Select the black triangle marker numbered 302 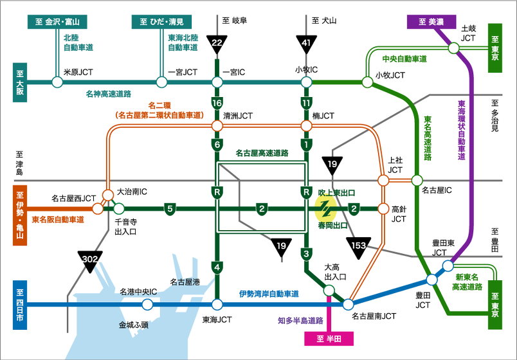pos(90,259)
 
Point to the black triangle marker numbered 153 pos(358,245)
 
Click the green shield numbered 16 pos(217,103)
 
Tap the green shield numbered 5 pos(170,208)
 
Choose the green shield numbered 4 pos(217,266)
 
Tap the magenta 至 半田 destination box pos(329,338)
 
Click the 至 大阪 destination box pos(20,82)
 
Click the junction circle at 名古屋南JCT pos(349,304)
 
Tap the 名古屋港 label pos(185,282)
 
